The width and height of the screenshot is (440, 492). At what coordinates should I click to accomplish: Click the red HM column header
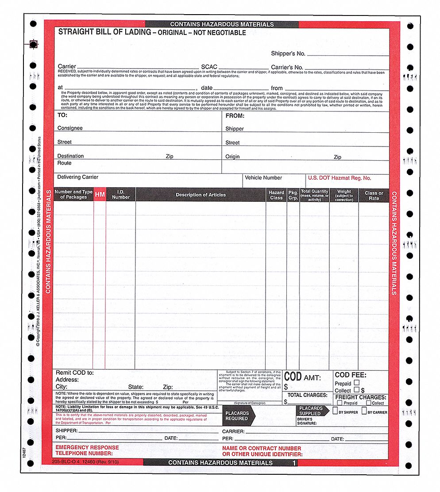(x=100, y=195)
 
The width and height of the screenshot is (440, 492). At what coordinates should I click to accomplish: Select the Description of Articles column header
(x=201, y=195)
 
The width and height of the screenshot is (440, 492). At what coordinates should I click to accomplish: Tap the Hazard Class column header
(x=276, y=195)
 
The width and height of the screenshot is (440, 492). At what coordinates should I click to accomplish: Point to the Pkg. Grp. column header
(x=293, y=195)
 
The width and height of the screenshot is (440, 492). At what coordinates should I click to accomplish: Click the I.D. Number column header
(x=120, y=195)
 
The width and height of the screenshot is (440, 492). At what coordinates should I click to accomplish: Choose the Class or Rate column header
(x=374, y=195)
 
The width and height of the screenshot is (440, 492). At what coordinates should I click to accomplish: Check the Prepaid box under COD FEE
(x=356, y=383)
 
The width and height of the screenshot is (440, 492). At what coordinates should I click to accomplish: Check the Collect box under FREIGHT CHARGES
(x=368, y=403)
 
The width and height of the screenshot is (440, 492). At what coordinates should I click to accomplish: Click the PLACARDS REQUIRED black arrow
(x=238, y=415)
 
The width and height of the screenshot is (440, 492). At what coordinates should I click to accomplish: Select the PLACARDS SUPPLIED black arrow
(x=312, y=411)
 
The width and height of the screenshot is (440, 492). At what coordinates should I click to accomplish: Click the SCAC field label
(x=209, y=67)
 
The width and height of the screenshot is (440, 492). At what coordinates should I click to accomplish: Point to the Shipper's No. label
(x=288, y=54)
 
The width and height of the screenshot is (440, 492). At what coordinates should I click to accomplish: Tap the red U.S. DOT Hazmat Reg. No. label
(x=340, y=178)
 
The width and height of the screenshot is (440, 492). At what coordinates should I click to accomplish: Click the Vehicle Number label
(x=263, y=177)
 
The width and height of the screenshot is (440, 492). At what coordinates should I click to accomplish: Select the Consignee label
(x=70, y=128)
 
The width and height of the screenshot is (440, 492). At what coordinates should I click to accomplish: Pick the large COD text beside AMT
(x=293, y=377)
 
